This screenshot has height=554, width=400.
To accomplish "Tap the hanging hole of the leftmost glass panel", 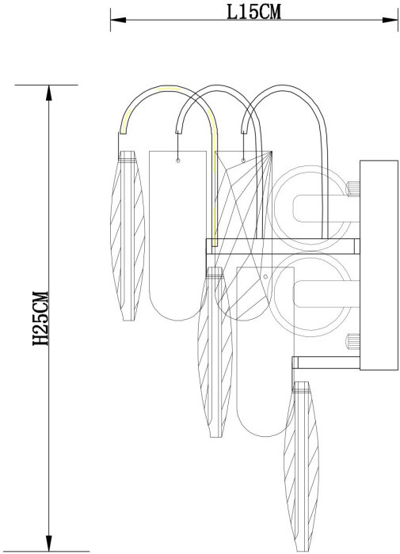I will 178,161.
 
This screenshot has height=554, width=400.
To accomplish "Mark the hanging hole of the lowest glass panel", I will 265,277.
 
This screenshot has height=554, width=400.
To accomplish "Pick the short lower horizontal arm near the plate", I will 326,362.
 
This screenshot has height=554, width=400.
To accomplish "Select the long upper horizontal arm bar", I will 281,244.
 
